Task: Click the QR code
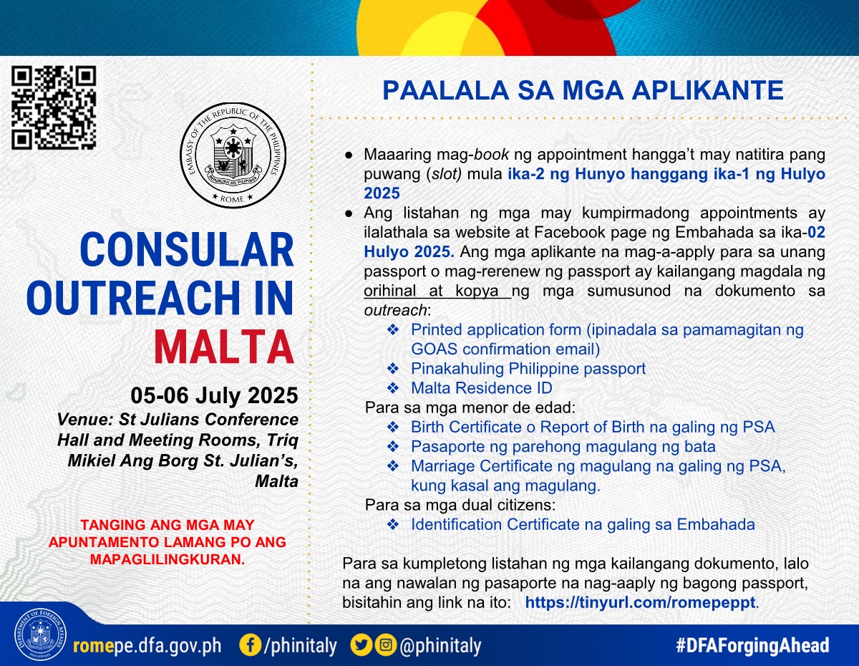[x=54, y=108]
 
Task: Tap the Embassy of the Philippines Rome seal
[x=233, y=155]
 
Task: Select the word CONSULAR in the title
[x=187, y=250]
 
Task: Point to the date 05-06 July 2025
[x=214, y=395]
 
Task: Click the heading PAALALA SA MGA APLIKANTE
[x=583, y=90]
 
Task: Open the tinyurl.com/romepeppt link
[x=640, y=602]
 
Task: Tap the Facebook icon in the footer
[x=251, y=645]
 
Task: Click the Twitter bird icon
[x=361, y=645]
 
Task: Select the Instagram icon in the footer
[x=385, y=645]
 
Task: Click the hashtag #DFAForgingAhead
[x=752, y=645]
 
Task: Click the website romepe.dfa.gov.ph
[x=147, y=646]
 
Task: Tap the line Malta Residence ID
[x=482, y=388]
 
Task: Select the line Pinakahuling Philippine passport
[x=528, y=369]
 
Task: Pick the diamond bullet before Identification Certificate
[x=393, y=524]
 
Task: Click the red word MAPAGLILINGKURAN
[x=168, y=559]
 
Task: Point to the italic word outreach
[x=395, y=311]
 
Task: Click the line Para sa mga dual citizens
[x=460, y=505]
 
